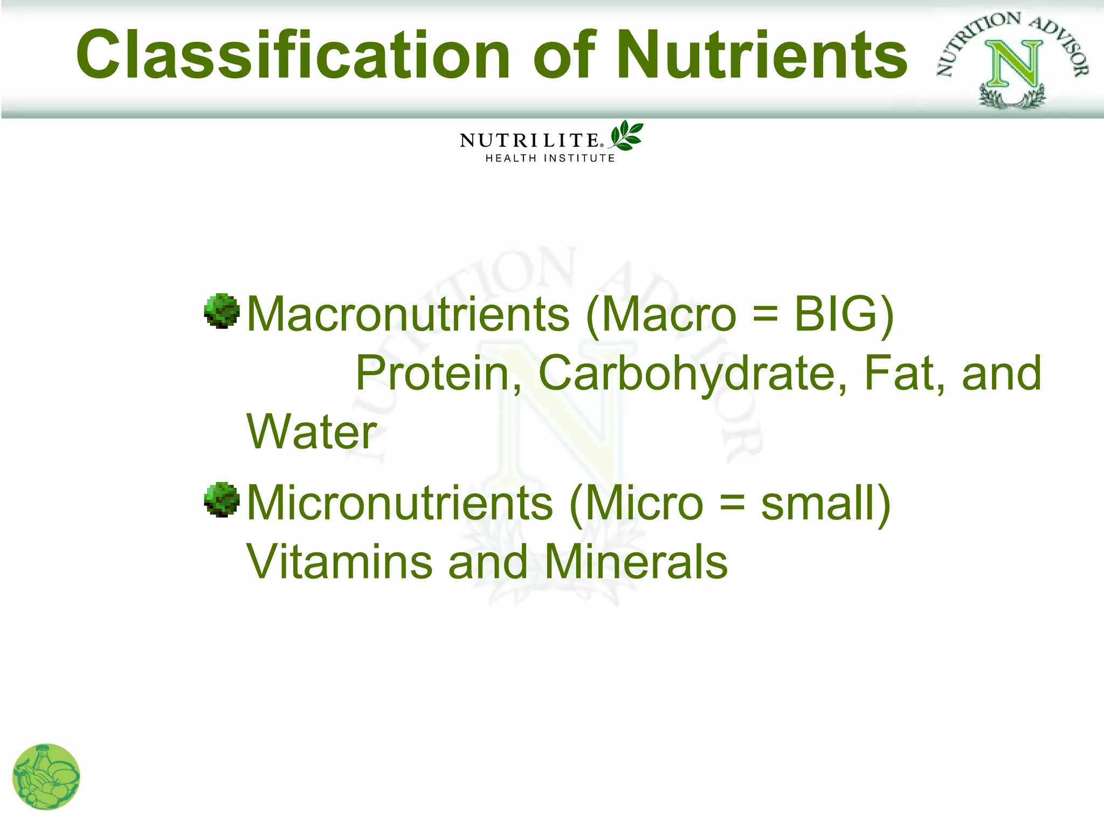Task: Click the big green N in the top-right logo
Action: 1013,65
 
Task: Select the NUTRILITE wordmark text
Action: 529,141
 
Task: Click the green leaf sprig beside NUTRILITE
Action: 626,135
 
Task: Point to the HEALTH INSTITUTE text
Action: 550,158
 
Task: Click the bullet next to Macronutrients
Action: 222,311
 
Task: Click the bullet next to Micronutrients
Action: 222,500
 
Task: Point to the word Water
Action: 312,432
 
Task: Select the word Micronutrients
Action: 399,503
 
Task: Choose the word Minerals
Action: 636,562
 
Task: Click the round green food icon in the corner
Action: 46,777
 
